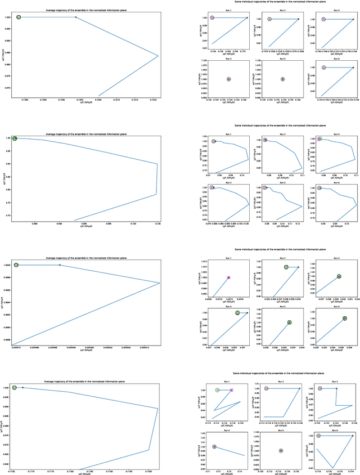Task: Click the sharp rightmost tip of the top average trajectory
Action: pyautogui.click(x=159, y=56)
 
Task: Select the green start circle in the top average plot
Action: pyautogui.click(x=19, y=17)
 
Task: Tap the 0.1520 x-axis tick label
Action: pyautogui.click(x=153, y=100)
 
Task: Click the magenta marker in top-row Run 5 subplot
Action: pyautogui.click(x=282, y=79)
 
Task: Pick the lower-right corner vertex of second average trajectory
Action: pyautogui.click(x=156, y=195)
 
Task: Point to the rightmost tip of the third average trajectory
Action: pyautogui.click(x=160, y=283)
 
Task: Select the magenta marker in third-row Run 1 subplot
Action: pyautogui.click(x=228, y=277)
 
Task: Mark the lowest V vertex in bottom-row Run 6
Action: pyautogui.click(x=332, y=468)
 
